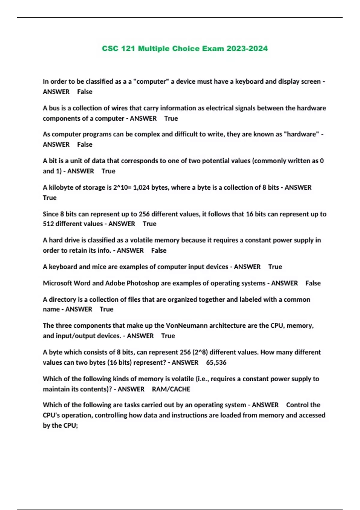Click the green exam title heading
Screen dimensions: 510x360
click(x=184, y=49)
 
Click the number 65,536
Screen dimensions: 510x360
click(x=216, y=362)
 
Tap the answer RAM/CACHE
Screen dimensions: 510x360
click(x=171, y=389)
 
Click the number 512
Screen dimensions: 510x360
click(x=48, y=224)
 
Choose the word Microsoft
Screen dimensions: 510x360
click(x=57, y=283)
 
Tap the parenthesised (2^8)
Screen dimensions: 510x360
click(x=200, y=352)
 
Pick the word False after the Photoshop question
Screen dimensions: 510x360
click(x=313, y=283)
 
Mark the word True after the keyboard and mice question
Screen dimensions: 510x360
click(x=275, y=267)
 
